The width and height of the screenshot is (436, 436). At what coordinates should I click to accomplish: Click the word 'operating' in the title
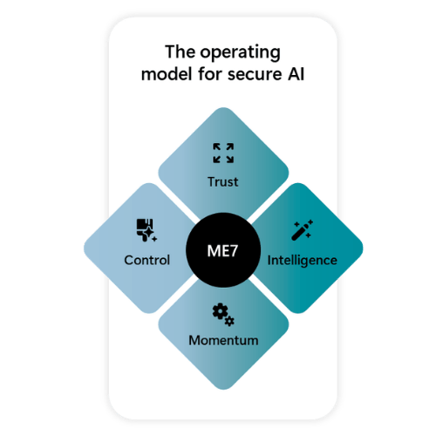tap(240, 53)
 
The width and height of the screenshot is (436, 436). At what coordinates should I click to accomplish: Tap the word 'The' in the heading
tap(181, 51)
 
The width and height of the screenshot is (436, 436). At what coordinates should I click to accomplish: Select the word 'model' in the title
tap(167, 74)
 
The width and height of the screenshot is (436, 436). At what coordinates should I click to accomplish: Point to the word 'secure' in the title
tap(255, 74)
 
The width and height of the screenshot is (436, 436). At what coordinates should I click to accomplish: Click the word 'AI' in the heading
tap(296, 74)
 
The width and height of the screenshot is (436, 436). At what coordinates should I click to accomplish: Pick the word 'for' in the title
tap(210, 74)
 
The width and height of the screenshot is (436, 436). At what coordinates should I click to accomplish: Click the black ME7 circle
tap(223, 250)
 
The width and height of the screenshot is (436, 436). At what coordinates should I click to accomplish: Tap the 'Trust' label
tap(223, 182)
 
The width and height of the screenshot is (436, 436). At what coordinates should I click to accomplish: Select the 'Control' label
tap(147, 260)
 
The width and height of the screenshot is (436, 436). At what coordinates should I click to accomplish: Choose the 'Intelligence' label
tap(303, 261)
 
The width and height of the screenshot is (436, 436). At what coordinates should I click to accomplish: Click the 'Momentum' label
tap(223, 340)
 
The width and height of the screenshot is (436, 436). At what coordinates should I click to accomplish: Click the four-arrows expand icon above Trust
tap(223, 153)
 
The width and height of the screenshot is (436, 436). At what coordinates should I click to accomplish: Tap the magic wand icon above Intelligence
tap(302, 230)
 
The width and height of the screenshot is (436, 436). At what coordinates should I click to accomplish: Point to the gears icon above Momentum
tap(223, 315)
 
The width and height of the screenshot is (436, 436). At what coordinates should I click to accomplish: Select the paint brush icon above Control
tap(146, 230)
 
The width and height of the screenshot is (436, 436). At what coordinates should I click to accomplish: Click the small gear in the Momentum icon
tap(229, 321)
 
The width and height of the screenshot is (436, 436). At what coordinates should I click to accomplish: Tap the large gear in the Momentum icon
tap(220, 311)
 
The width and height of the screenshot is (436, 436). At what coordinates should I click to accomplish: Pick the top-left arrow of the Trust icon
tap(216, 146)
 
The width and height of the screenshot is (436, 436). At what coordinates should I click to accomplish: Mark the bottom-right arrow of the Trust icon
tap(230, 160)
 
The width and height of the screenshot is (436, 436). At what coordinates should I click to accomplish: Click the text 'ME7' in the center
tap(222, 250)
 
